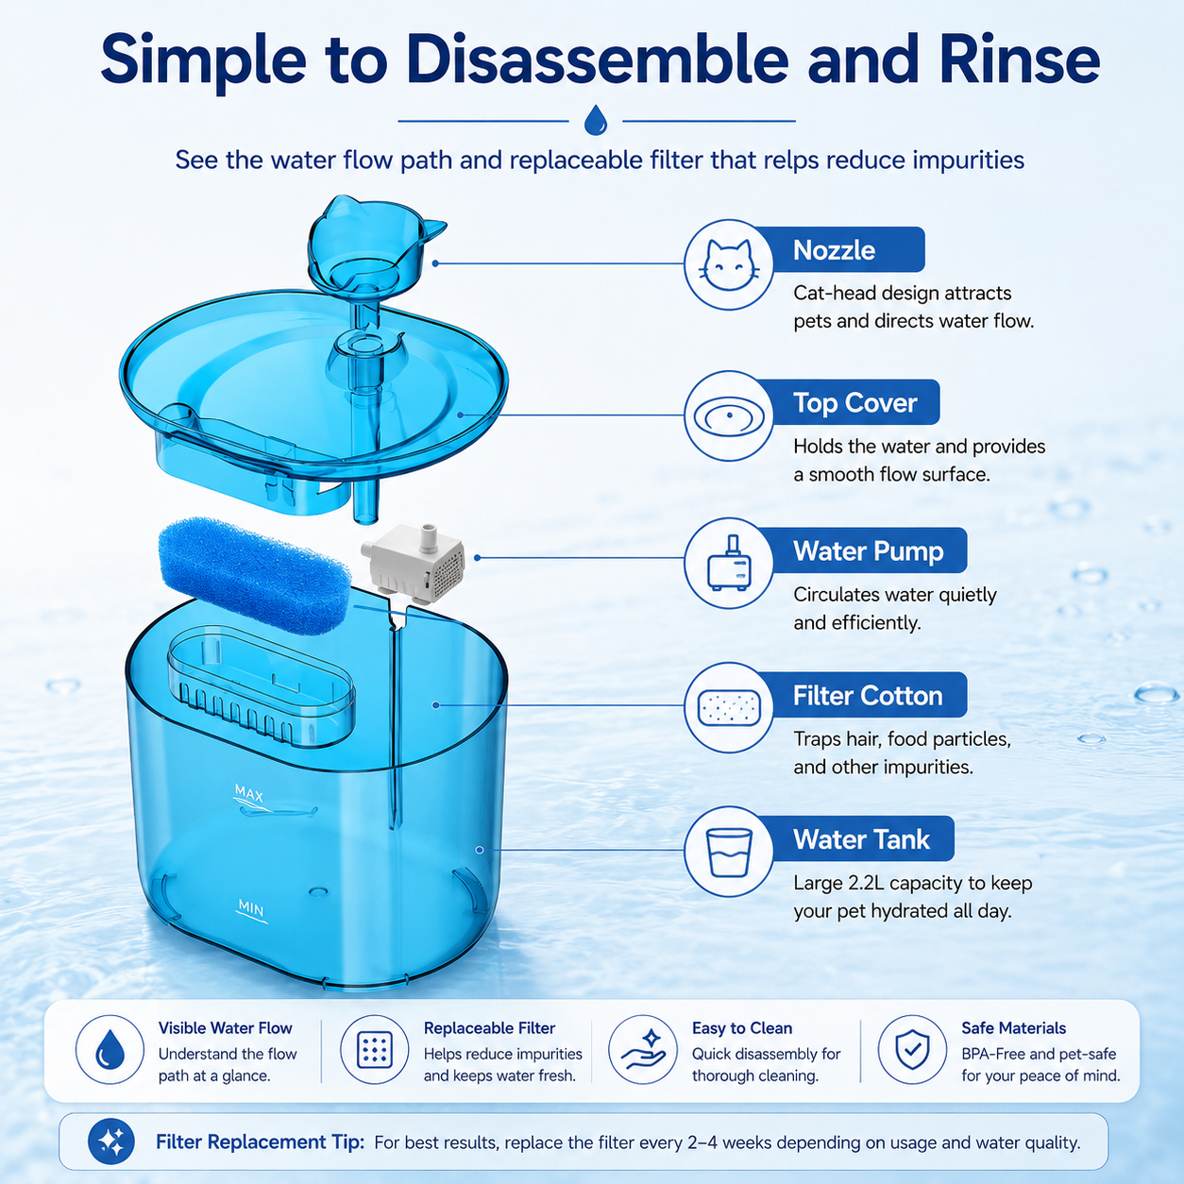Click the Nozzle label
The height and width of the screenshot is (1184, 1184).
834,250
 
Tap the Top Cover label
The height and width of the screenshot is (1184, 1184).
854,403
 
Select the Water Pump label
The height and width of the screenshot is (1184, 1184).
869,551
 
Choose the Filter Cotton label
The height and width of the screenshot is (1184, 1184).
868,696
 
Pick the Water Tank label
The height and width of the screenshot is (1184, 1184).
861,839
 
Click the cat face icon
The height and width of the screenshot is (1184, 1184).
729,264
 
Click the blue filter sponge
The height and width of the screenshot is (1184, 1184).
254,574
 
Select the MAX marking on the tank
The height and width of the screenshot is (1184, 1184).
249,794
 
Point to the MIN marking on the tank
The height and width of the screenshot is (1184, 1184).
251,907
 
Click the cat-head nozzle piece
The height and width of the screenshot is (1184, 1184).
375,245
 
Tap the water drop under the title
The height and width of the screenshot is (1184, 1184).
596,120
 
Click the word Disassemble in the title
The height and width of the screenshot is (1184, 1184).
597,60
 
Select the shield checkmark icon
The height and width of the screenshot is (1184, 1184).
912,1050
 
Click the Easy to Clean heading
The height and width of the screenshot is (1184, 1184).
741,1028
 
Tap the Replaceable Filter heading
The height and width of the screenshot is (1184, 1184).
489,1028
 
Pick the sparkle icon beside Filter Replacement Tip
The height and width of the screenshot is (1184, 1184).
110,1142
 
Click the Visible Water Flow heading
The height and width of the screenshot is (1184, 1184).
225,1028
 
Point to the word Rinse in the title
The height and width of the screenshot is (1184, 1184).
1020,60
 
